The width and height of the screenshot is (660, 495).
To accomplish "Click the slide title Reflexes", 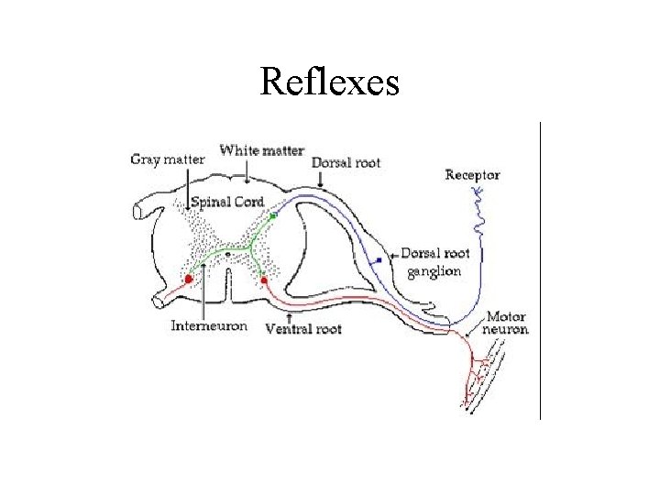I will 329,82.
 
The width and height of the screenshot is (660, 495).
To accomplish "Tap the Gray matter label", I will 168,159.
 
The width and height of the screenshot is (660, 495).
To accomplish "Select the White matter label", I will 262,150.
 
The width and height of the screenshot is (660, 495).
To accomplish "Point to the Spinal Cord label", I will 227,202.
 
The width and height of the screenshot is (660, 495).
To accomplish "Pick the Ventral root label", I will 302,327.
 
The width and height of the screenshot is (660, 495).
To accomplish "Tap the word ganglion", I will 434,271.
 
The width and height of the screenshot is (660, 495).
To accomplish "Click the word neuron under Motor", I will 507,329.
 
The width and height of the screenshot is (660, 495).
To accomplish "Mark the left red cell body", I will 189,279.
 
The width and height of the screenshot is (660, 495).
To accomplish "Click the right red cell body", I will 264,280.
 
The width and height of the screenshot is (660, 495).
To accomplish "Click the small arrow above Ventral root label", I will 290,313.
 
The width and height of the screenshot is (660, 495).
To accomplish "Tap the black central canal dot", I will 227,255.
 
